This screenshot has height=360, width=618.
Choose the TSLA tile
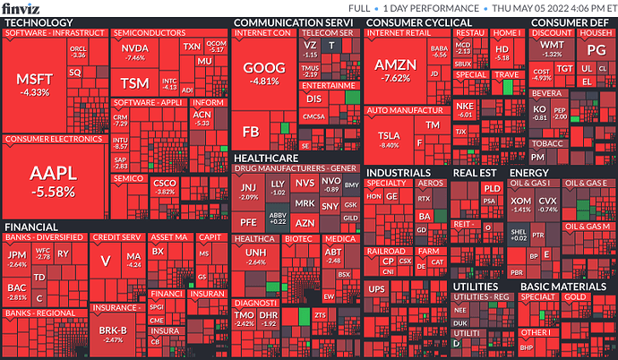pyautogui.click(x=390, y=136)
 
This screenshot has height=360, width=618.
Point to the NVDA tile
pyautogui.click(x=135, y=50)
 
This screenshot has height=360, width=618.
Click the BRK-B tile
pyautogui.click(x=113, y=333)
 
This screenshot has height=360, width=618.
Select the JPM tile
pyautogui.click(x=17, y=258)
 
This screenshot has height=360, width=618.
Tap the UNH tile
pyautogui.click(x=256, y=256)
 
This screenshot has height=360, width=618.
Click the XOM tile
pyautogui.click(x=520, y=203)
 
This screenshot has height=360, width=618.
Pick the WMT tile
pyautogui.click(x=553, y=47)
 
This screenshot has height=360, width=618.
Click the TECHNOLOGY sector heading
pyautogui.click(x=39, y=21)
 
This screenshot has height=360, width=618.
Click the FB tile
pyautogui.click(x=251, y=132)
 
